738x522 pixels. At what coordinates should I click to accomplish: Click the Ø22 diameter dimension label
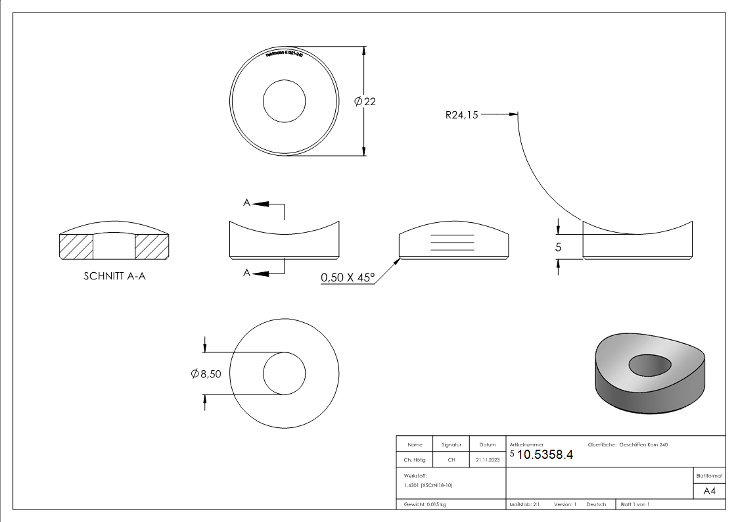[x=365, y=101]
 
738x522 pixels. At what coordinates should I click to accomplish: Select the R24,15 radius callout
[x=461, y=115]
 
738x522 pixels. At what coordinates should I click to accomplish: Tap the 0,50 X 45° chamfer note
[x=347, y=278]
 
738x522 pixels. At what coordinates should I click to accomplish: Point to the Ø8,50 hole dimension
[x=206, y=373]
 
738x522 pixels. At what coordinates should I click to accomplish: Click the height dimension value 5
[x=559, y=248]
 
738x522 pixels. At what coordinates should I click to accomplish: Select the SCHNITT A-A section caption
[x=115, y=276]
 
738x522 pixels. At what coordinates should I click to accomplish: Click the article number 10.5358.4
[x=545, y=455]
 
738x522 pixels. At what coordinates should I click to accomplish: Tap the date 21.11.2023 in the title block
[x=488, y=460]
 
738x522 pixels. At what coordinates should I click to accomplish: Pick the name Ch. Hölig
[x=415, y=460]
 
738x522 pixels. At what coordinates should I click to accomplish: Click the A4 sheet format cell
[x=709, y=491]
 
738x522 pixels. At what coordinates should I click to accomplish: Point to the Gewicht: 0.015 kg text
[x=425, y=504]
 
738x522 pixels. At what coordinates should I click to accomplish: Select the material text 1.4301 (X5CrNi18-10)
[x=428, y=485]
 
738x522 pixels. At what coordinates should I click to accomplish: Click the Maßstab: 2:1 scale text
[x=524, y=504]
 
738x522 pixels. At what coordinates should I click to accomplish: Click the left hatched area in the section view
[x=76, y=247]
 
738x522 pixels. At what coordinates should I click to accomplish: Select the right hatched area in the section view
[x=152, y=247]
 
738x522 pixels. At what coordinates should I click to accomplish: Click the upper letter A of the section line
[x=246, y=204]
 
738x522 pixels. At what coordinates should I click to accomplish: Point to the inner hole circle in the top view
[x=285, y=101]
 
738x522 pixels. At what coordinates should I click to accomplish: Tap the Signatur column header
[x=451, y=445]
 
